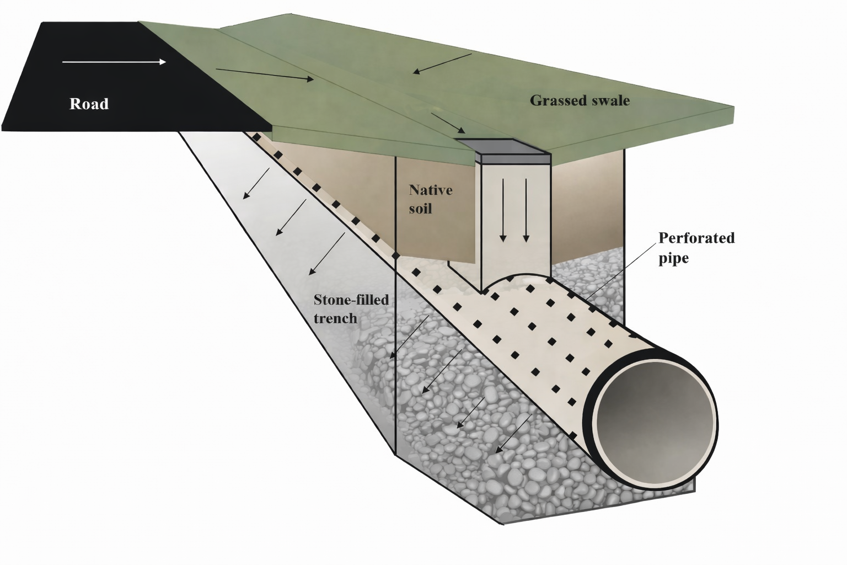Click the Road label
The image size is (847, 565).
[x=89, y=104]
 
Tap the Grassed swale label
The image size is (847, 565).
[x=580, y=100]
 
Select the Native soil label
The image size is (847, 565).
[x=430, y=199]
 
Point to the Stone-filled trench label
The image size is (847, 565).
[x=351, y=309]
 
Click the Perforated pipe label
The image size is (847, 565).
[x=696, y=248]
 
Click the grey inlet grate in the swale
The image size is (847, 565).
[x=504, y=147]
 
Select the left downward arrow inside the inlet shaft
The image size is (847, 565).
[x=503, y=210]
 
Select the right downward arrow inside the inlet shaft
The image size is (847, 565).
[x=526, y=210]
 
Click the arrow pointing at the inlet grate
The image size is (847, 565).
[x=448, y=124]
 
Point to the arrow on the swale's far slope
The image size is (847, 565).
[x=442, y=63]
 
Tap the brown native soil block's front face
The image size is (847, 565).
[x=436, y=232]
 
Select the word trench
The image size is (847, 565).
[x=335, y=318]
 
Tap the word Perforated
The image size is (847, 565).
[x=696, y=238]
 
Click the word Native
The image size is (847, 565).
[x=430, y=190]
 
